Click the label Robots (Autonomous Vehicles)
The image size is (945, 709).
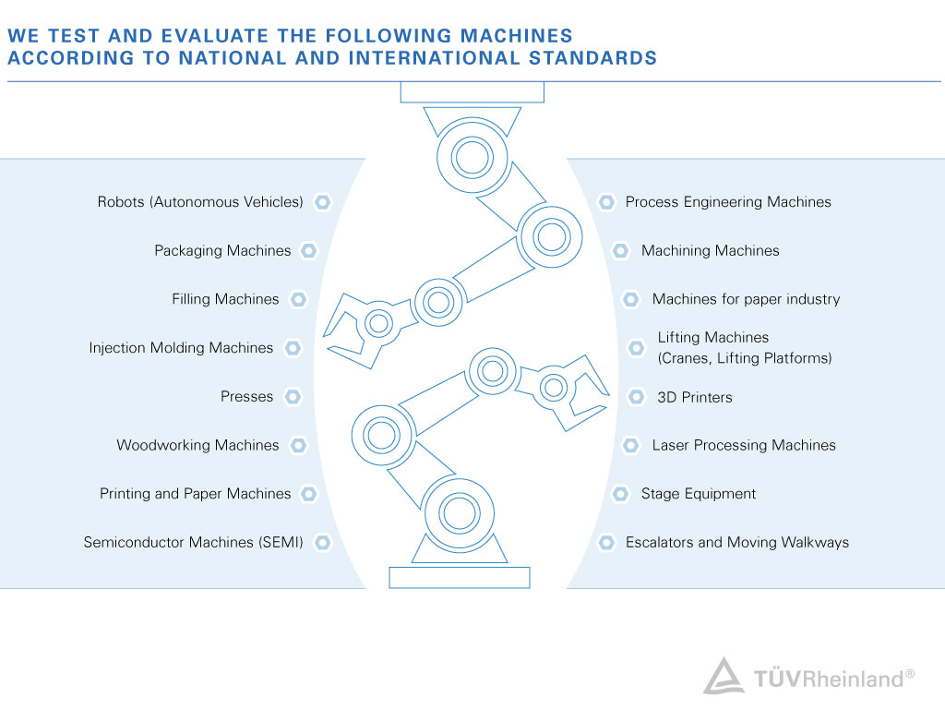[200, 202]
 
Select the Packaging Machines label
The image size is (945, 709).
[222, 251]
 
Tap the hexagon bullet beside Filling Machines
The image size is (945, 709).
[298, 299]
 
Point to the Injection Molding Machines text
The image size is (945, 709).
[181, 348]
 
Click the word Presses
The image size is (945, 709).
[246, 397]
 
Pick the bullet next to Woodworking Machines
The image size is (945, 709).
[298, 445]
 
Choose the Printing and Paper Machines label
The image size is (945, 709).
[196, 494]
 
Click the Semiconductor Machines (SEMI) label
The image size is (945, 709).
[194, 542]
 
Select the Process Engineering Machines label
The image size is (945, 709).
[728, 202]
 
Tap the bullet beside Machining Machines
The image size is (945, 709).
[620, 251]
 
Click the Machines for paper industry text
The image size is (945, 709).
[746, 299]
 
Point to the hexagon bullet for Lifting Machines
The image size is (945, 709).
[637, 348]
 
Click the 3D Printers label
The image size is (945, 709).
[695, 397]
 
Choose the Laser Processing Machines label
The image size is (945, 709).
[744, 445]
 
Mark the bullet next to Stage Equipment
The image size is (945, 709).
[620, 494]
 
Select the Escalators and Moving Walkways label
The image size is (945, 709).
[737, 542]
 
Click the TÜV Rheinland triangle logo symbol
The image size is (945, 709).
[724, 678]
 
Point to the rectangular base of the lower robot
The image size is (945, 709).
[460, 578]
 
